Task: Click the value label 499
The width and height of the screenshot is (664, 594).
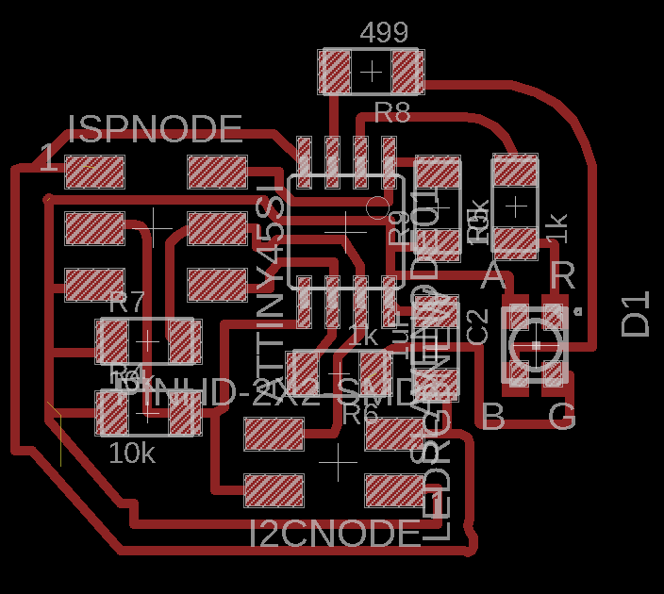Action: click(x=384, y=34)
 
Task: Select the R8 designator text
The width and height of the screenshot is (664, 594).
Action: click(x=392, y=113)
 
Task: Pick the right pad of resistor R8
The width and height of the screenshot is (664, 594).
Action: click(x=406, y=72)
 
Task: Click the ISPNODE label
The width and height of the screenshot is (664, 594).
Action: click(x=156, y=128)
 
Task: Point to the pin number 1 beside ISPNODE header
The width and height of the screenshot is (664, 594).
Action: click(x=46, y=157)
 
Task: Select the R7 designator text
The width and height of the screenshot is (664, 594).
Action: click(x=126, y=303)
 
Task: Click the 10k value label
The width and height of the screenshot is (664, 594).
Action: click(x=132, y=454)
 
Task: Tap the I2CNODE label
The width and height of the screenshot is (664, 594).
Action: click(x=335, y=534)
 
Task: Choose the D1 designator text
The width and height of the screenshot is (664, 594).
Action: click(x=637, y=314)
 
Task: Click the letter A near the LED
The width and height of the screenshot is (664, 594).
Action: click(x=492, y=276)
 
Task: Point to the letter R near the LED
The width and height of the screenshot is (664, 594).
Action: click(x=562, y=275)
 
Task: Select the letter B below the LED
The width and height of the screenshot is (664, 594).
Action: click(x=492, y=416)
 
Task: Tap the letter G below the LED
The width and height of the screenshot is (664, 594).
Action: click(x=562, y=416)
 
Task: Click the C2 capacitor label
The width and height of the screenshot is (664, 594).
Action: click(x=477, y=326)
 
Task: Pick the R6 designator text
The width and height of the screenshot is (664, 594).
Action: click(x=359, y=413)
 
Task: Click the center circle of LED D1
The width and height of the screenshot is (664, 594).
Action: click(x=535, y=345)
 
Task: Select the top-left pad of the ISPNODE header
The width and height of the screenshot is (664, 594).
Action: click(x=94, y=173)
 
